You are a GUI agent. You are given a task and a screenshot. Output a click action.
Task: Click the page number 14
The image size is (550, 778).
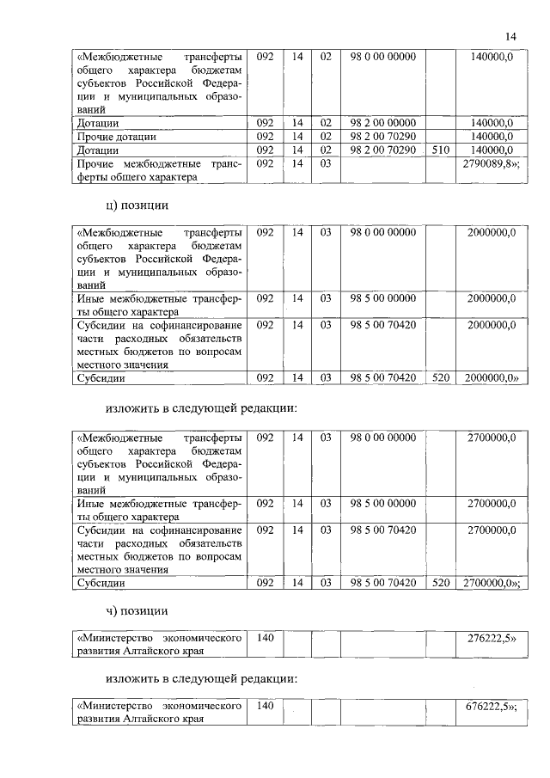(510, 35)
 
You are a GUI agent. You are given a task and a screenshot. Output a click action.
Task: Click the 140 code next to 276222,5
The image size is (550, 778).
(265, 638)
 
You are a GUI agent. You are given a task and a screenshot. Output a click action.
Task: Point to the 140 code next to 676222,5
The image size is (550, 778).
(265, 706)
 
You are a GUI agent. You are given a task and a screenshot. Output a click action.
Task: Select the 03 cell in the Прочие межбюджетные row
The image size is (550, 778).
(326, 163)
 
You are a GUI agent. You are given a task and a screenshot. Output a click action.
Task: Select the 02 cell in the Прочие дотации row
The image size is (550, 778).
(326, 137)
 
